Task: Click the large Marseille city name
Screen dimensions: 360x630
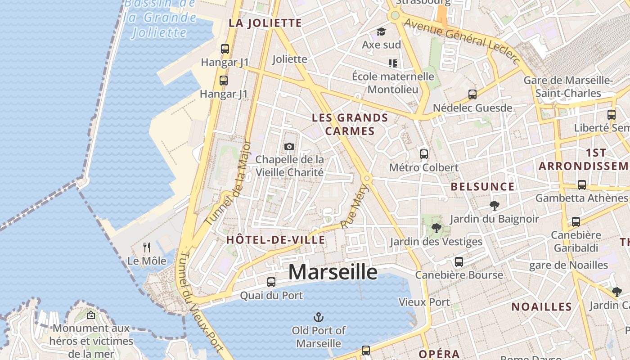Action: (x=333, y=272)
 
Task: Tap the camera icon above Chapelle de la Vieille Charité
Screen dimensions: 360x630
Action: (x=289, y=146)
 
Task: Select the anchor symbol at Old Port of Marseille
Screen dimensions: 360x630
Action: (x=319, y=317)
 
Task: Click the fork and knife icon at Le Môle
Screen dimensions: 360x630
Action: (x=146, y=247)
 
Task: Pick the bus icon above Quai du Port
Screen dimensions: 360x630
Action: (x=271, y=282)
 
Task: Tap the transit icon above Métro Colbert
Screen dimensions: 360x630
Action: (x=423, y=154)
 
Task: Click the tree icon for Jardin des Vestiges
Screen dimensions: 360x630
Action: (x=436, y=228)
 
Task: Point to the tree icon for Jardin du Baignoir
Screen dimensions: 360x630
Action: (x=495, y=206)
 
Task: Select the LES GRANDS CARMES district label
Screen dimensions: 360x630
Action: (x=350, y=125)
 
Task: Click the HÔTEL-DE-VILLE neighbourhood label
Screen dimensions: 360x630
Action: (x=275, y=240)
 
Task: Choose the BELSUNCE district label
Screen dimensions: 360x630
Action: (x=482, y=187)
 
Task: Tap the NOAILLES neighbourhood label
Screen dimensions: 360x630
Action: (x=541, y=307)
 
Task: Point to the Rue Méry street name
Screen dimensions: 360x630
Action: (x=355, y=207)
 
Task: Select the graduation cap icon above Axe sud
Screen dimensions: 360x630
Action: (x=381, y=31)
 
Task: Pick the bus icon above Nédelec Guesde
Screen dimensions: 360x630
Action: (x=472, y=94)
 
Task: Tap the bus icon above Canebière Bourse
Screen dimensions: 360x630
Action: (x=459, y=261)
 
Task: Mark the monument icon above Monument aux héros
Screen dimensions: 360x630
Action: (x=91, y=315)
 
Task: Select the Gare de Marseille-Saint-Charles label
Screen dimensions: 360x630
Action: (x=568, y=87)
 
